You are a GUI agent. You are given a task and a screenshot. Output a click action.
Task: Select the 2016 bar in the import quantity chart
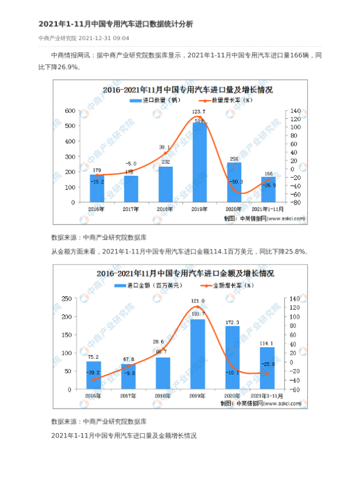97,188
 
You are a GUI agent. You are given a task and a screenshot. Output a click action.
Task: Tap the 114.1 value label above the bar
268,343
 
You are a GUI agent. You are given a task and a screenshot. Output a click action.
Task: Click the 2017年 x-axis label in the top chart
131,209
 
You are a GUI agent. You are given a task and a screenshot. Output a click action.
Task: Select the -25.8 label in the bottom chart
268,364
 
